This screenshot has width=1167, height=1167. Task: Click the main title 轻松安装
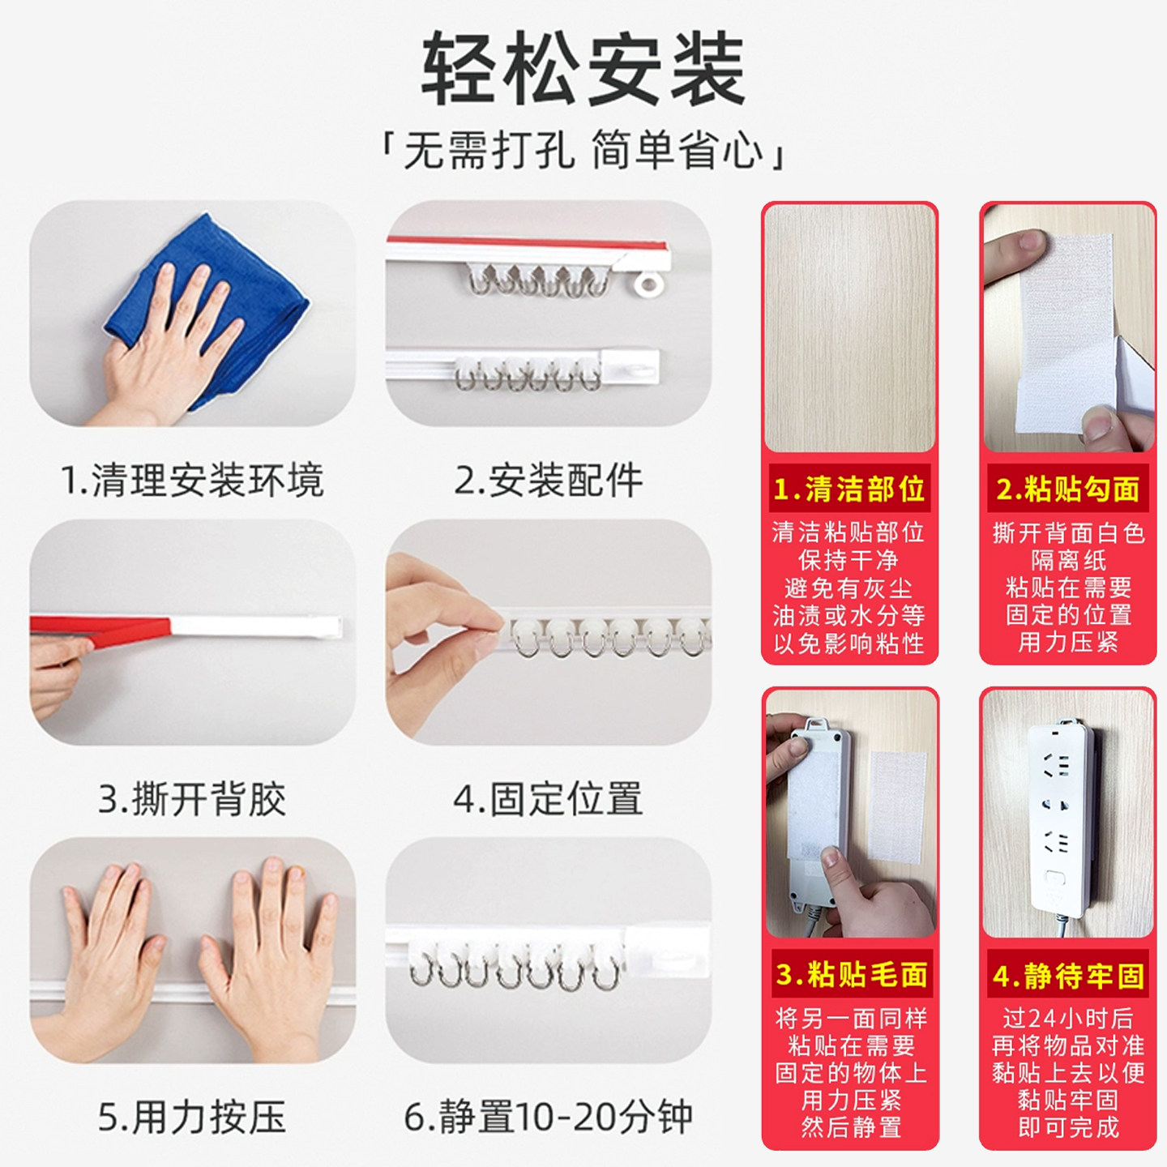click(x=583, y=69)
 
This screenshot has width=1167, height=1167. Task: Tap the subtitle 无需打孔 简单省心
click(x=583, y=151)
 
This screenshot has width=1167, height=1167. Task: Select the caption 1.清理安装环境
click(x=192, y=481)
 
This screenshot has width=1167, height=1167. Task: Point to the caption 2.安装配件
click(x=548, y=481)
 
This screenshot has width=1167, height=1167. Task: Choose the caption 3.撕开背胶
click(x=192, y=799)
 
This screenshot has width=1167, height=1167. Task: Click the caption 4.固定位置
click(x=548, y=799)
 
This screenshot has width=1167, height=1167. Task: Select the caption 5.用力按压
click(x=192, y=1118)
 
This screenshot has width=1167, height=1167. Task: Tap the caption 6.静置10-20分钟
click(x=548, y=1118)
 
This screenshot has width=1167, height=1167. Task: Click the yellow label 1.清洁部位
click(x=849, y=489)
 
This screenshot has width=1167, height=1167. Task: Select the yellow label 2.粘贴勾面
click(x=1067, y=489)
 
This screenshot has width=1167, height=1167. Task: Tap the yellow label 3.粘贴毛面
click(x=851, y=974)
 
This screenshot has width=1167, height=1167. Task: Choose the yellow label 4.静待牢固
click(x=1068, y=976)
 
